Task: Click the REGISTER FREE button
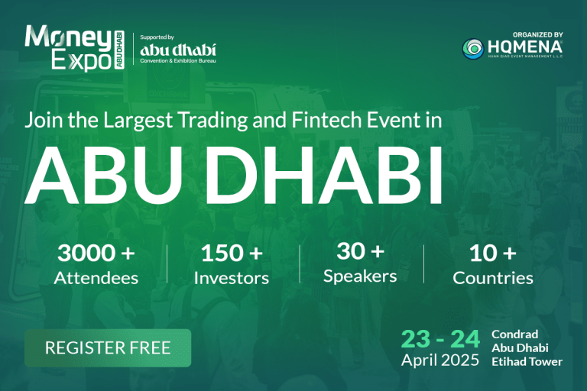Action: (108, 348)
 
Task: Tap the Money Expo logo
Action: (74, 48)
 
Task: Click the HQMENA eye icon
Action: (473, 49)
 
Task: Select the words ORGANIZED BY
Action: (538, 34)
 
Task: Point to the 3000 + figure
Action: (96, 253)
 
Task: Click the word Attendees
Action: (96, 278)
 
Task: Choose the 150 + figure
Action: (232, 253)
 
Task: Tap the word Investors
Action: (232, 278)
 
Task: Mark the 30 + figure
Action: (360, 250)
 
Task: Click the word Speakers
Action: (360, 277)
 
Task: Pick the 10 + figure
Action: (493, 253)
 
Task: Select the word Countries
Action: (493, 278)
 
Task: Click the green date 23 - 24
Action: (440, 339)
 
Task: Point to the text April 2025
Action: (440, 360)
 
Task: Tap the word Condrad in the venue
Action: (514, 334)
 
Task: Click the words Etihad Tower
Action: (527, 362)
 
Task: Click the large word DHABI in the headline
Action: (324, 175)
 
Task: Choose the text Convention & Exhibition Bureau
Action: (178, 60)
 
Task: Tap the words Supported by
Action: (157, 37)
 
